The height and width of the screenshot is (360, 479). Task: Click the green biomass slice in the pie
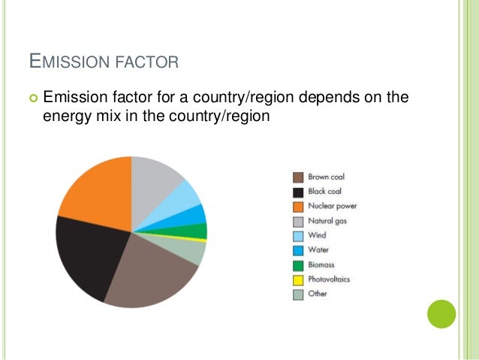pyautogui.click(x=197, y=231)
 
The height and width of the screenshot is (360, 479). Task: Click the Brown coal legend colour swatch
pyautogui.click(x=297, y=177)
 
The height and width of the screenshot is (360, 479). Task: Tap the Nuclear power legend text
pyautogui.click(x=332, y=206)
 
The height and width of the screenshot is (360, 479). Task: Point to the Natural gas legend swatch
pyautogui.click(x=297, y=221)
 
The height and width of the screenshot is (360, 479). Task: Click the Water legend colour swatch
pyautogui.click(x=297, y=250)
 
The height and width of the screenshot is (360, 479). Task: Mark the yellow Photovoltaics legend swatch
pyautogui.click(x=297, y=280)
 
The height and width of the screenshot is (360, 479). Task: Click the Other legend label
pyautogui.click(x=318, y=294)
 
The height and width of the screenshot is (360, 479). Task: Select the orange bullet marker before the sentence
pyautogui.click(x=32, y=98)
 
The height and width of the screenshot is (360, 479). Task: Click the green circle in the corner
pyautogui.click(x=441, y=313)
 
